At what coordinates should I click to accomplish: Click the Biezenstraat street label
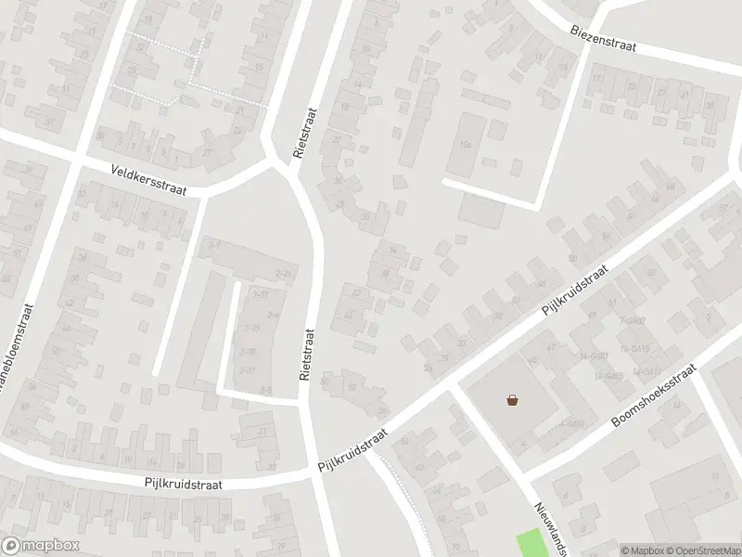tap(603, 38)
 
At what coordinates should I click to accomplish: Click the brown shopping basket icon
tap(512, 400)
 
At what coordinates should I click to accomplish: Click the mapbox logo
tap(41, 546)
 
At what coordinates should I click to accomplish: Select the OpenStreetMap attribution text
tap(703, 550)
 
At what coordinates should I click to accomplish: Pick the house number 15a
tap(466, 146)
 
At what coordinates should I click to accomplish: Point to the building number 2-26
tap(285, 275)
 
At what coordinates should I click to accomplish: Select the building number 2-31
tap(248, 369)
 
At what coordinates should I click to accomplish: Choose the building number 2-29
tap(250, 328)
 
